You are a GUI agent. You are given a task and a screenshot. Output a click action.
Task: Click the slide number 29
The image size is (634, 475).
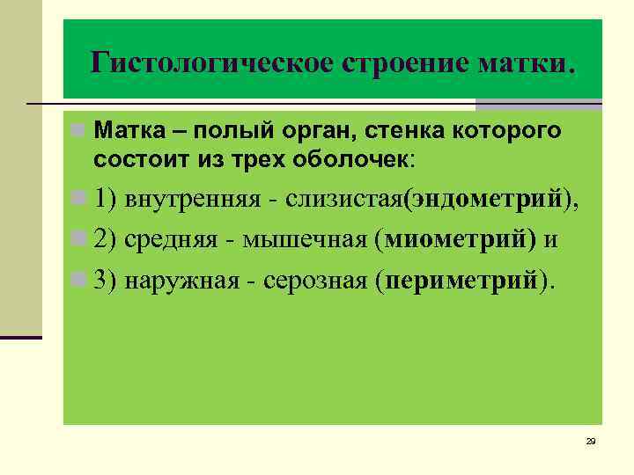591,441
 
